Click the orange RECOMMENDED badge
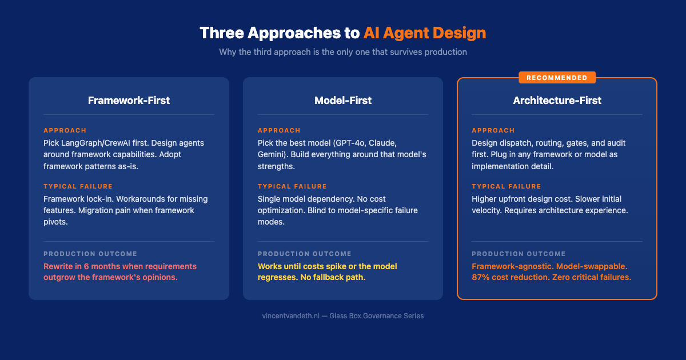(x=557, y=78)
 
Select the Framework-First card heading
(x=129, y=101)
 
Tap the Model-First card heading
(x=343, y=101)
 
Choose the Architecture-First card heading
(x=557, y=101)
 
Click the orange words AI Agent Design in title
(x=424, y=33)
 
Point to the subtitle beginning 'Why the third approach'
(x=343, y=52)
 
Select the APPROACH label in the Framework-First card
(x=65, y=130)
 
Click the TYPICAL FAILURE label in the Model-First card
(x=292, y=186)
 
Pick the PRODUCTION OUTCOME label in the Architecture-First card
(x=519, y=254)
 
